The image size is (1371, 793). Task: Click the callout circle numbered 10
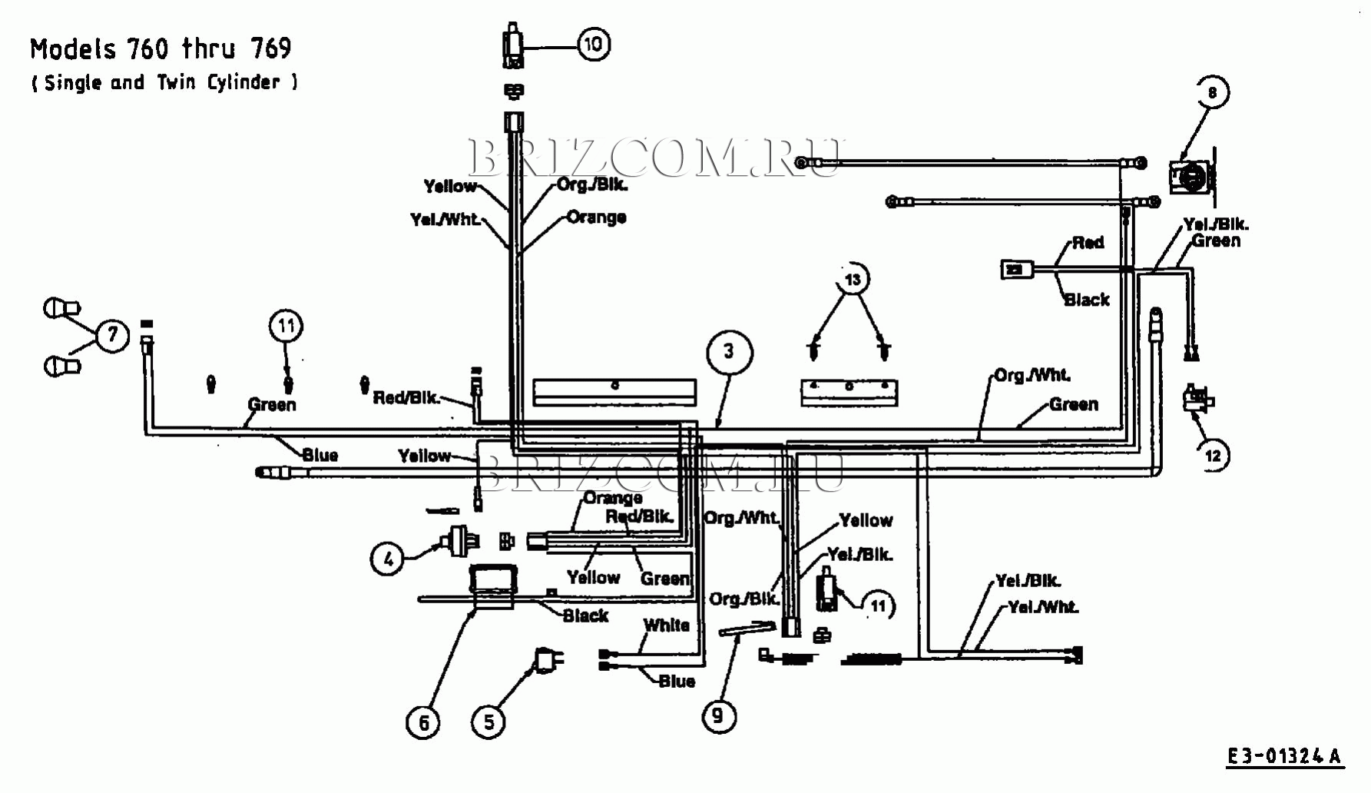coord(593,45)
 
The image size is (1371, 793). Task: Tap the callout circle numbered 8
coord(1212,92)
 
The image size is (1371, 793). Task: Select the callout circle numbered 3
coord(728,352)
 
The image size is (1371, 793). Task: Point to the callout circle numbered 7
coord(113,335)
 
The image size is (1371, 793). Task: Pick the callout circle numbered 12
coord(1212,456)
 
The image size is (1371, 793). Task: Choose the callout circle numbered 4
coord(388,559)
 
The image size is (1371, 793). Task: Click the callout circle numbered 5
coord(488,722)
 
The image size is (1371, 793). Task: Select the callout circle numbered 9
coord(718,715)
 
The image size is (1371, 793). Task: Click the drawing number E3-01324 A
coord(1283,757)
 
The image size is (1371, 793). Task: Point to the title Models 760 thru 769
coord(161,49)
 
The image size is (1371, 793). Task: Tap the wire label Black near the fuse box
coord(585,615)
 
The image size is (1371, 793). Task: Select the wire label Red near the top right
coord(1088,243)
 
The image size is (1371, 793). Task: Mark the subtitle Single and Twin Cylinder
coord(164,83)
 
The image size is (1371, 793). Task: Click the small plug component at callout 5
coord(548,659)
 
